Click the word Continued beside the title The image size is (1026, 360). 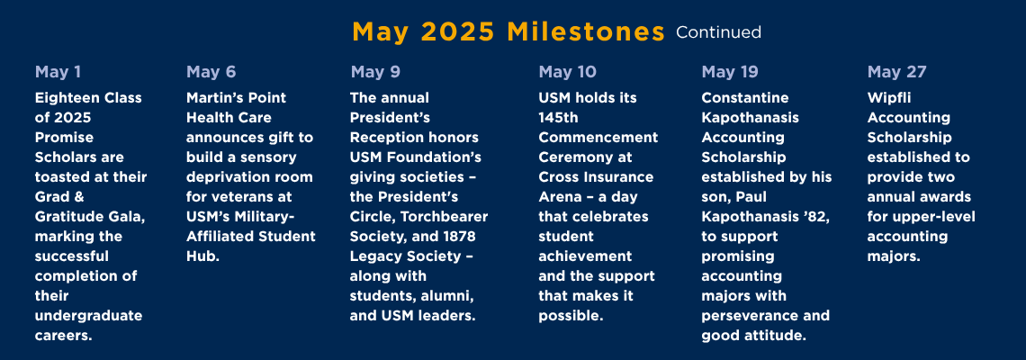click(x=718, y=32)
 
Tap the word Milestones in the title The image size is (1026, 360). click(x=586, y=32)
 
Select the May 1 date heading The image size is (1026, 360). click(x=58, y=72)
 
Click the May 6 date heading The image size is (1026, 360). click(x=211, y=72)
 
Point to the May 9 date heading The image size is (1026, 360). click(x=375, y=72)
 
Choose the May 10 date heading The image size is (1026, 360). click(x=567, y=72)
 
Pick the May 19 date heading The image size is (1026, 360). click(x=730, y=72)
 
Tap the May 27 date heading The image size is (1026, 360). click(x=897, y=72)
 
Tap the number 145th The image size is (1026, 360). click(x=557, y=118)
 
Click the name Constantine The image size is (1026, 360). click(x=745, y=98)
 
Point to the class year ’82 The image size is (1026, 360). click(x=816, y=217)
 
